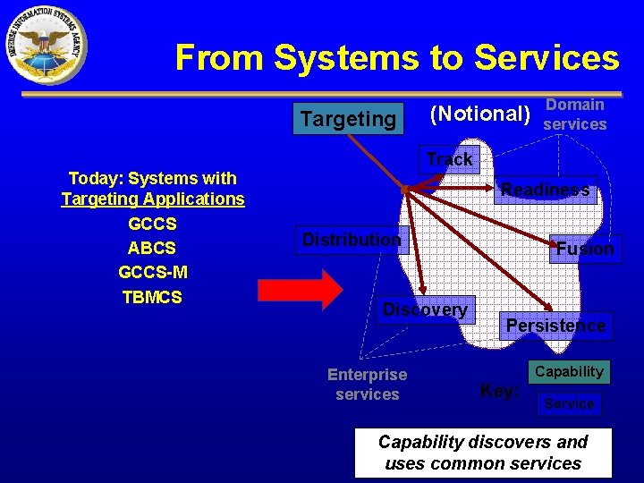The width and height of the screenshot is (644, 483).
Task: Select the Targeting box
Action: (348, 119)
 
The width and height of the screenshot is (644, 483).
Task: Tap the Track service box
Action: (449, 160)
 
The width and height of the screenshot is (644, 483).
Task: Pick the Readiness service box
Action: (546, 190)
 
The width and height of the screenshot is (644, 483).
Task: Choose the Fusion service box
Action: (585, 249)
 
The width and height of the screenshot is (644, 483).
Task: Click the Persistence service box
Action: (555, 326)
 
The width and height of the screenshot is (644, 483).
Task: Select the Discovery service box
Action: (425, 310)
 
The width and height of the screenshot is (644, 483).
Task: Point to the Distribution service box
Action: (352, 240)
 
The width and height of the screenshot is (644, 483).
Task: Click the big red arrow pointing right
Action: (300, 289)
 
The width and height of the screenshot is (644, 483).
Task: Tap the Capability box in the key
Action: (570, 371)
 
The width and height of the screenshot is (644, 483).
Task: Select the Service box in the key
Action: (570, 404)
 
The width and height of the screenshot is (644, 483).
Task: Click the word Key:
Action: (499, 391)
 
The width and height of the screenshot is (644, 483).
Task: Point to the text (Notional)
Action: (480, 114)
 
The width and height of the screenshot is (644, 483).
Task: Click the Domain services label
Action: (575, 114)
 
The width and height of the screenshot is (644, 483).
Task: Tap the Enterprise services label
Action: (367, 385)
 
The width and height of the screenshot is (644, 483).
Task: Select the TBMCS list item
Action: (152, 297)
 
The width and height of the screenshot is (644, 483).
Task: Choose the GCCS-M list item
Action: (152, 272)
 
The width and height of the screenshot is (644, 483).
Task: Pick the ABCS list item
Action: (152, 248)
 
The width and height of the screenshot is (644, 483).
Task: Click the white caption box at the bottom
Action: (483, 453)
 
